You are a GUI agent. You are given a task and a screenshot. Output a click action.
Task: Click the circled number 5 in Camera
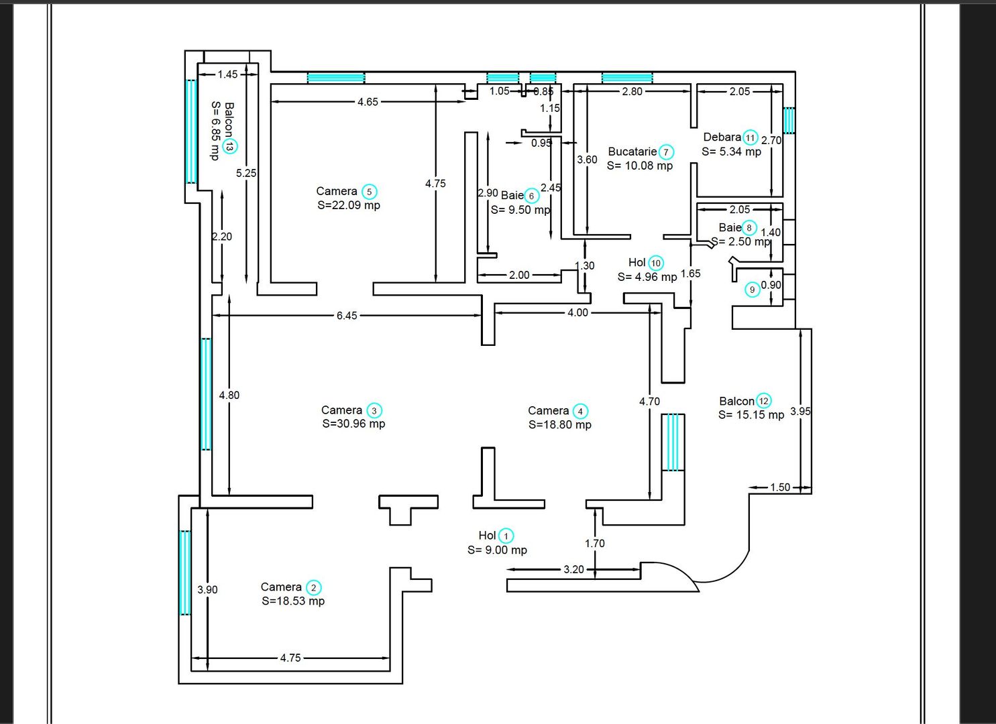[x=369, y=192]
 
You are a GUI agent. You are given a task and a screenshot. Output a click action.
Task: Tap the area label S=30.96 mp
[x=353, y=424]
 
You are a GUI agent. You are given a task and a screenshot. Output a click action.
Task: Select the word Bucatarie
[x=632, y=152]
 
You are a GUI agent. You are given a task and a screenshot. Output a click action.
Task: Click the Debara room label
[x=722, y=137]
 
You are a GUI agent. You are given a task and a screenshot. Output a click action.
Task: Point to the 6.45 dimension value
[x=347, y=315]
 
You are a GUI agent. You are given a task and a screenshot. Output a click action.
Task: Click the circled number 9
[x=753, y=290]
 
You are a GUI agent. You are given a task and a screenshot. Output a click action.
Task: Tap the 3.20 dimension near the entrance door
[x=573, y=569]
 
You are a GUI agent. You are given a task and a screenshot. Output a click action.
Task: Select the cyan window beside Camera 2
[x=185, y=572]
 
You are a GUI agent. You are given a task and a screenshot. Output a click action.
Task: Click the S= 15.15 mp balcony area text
[x=751, y=415]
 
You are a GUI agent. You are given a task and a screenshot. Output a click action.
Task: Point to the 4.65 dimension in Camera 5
[x=368, y=102]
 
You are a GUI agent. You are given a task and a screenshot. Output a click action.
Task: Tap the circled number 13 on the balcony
[x=230, y=146]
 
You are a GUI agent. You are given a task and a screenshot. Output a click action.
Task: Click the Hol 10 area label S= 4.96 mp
[x=647, y=277]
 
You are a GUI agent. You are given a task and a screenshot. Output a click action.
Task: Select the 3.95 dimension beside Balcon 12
[x=800, y=411]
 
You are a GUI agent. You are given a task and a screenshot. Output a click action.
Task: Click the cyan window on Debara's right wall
[x=789, y=121]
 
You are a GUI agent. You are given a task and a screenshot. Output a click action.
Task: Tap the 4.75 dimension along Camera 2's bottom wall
[x=290, y=658]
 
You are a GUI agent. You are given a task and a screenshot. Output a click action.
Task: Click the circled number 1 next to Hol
[x=506, y=536]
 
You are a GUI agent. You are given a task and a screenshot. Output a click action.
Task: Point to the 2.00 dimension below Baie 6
[x=519, y=275]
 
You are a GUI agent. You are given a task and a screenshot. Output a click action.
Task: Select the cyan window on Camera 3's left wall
[x=206, y=394]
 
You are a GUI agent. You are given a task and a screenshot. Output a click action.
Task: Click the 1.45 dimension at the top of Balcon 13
[x=227, y=74]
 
